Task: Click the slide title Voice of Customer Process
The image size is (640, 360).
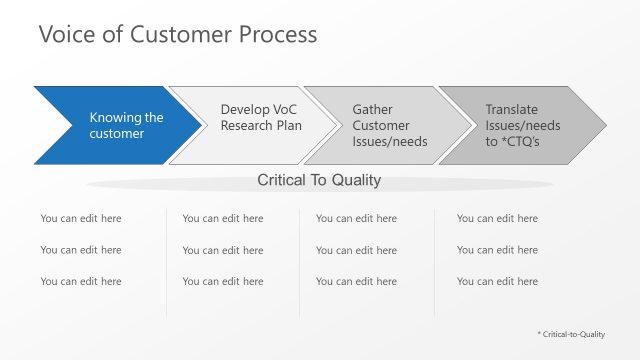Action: click(x=177, y=34)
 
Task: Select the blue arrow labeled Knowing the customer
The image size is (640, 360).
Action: click(x=110, y=126)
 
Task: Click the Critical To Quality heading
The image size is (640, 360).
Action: click(x=319, y=181)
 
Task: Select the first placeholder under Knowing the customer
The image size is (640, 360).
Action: click(x=80, y=218)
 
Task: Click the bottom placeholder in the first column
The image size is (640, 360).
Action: click(x=80, y=282)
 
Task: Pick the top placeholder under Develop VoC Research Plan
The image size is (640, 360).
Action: click(x=222, y=218)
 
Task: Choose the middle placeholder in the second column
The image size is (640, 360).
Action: click(x=222, y=250)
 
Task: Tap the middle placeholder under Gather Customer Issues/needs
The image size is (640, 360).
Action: click(x=356, y=250)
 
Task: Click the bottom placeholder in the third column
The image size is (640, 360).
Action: click(x=356, y=282)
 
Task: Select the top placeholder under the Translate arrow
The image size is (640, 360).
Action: click(x=497, y=218)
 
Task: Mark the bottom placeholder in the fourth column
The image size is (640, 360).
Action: click(x=497, y=282)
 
